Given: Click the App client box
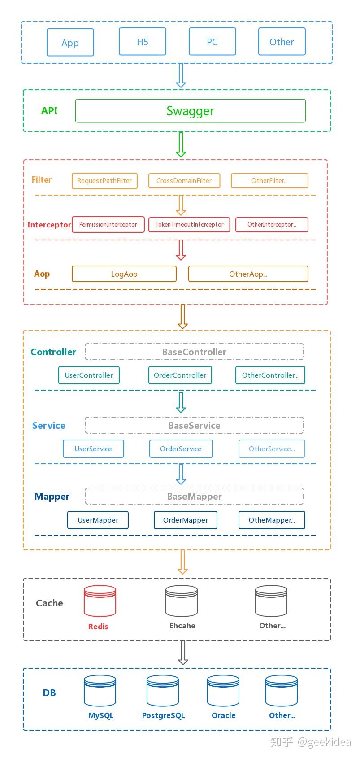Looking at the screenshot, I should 70,43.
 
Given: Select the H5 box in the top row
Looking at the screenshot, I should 143,42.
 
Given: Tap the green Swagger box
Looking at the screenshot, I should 190,111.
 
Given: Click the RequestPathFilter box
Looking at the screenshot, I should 104,181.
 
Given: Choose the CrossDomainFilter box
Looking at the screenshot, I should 184,181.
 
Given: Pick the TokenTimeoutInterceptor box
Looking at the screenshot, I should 189,225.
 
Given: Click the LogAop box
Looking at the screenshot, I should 124,274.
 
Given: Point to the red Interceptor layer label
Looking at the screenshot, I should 49,225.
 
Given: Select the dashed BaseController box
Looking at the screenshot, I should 194,352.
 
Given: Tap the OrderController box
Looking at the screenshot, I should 180,375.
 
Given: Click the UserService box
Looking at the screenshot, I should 93,449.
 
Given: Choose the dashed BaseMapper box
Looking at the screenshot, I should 194,497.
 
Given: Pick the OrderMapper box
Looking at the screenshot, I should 186,520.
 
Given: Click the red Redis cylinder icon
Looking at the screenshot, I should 100,601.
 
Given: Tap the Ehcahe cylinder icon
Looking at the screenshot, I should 182,601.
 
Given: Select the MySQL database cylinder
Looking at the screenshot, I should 100,691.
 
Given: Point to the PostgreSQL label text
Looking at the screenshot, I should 163,716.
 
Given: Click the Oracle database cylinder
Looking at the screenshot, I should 223,691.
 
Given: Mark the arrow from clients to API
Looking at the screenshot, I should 181,75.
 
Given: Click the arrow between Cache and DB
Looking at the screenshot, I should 182,653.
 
